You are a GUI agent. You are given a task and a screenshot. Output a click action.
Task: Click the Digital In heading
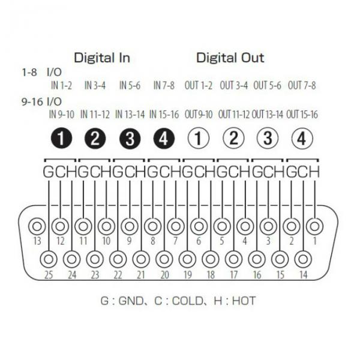[x=102, y=58]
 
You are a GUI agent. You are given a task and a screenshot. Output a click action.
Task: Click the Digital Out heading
[x=230, y=58]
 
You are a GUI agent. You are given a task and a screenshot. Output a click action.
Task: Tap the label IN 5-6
[x=130, y=86]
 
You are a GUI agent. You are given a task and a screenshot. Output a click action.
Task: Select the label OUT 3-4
[x=234, y=85]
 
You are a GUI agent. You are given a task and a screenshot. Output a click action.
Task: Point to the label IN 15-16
[x=164, y=115]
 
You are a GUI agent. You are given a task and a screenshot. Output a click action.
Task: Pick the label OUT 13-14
[x=268, y=115]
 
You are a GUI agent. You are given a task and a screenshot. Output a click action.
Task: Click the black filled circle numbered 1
[x=61, y=139]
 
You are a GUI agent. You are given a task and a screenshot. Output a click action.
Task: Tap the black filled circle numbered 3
[x=130, y=139]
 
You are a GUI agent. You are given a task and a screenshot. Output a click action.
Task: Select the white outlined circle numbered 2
[x=233, y=139]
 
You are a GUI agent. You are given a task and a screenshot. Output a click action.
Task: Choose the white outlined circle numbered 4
[x=302, y=139]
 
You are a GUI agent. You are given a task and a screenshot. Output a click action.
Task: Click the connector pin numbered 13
[x=37, y=226]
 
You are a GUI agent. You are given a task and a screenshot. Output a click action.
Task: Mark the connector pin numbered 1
[x=314, y=226]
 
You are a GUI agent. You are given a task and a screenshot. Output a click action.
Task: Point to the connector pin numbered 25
[x=49, y=259]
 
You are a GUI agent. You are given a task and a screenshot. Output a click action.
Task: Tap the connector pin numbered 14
[x=303, y=259]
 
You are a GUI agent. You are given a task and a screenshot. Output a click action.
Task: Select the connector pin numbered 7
[x=176, y=226]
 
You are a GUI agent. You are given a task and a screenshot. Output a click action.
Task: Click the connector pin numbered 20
[x=164, y=259]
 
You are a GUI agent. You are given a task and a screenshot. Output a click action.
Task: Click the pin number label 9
[x=129, y=241]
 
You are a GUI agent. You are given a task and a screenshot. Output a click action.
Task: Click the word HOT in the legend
[x=244, y=301]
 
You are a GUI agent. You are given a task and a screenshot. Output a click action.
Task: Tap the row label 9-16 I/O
[x=42, y=101]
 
